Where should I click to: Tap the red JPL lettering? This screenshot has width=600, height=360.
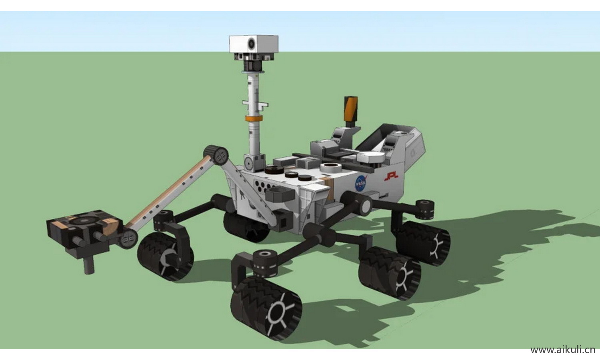pos(391,176)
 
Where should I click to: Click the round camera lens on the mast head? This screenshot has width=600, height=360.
pos(252,43)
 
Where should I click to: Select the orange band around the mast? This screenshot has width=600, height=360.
pos(253,119)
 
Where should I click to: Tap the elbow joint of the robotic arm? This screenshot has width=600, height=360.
pos(216,155)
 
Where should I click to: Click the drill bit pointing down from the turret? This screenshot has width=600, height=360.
pos(89,265)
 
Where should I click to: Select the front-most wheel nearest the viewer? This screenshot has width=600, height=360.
pos(266,308)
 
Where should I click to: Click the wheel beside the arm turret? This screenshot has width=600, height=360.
pos(165,256)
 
